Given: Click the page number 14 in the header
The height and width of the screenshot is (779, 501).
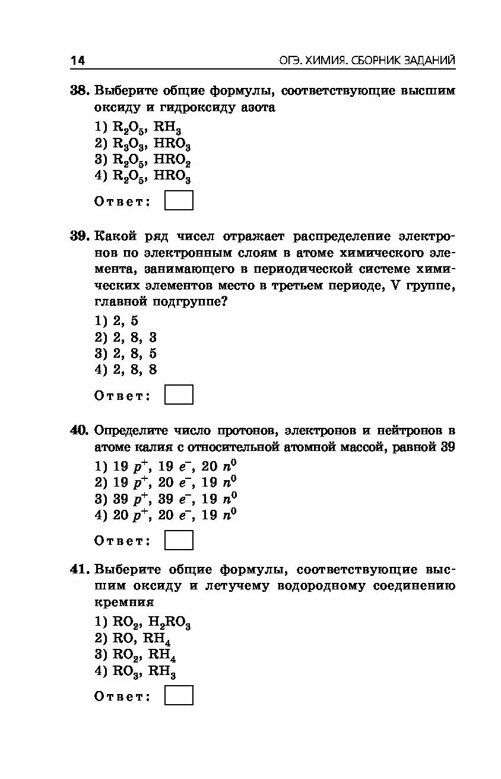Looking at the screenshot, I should coord(78,60).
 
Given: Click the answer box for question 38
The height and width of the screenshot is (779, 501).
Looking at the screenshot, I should coord(179,200).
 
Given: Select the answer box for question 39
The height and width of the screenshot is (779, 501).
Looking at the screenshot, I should coord(179,395).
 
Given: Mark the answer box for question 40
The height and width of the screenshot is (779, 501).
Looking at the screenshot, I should coord(179,540).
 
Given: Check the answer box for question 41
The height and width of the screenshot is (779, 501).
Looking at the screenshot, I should coord(179,695).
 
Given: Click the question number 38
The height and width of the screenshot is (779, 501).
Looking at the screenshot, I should coord(79,91).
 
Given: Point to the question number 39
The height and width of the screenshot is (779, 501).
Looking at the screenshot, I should coord(79,236).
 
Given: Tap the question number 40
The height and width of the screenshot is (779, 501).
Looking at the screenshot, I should coord(79,430).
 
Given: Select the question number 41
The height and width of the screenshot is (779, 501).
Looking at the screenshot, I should coord(79,569).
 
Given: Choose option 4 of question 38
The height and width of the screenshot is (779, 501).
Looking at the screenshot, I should coord(143,176).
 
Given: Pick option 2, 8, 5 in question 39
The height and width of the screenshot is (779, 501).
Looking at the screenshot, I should coord(126,354).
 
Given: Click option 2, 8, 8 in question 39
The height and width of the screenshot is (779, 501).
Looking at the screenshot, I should coord(126,370).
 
